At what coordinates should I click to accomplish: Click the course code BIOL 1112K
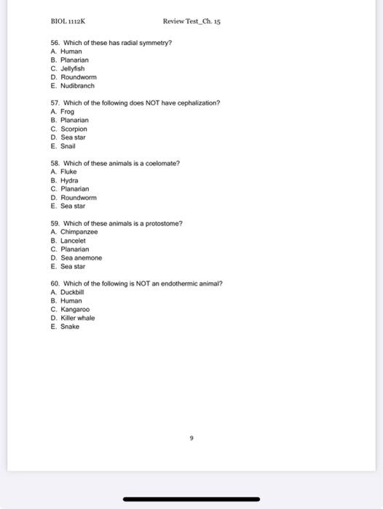click(68, 21)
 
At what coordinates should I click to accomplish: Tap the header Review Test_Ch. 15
click(191, 21)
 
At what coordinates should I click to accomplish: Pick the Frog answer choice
click(67, 112)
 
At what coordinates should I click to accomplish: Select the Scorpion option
click(74, 129)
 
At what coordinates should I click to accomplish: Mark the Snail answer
click(68, 145)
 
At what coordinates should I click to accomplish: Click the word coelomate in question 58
click(162, 163)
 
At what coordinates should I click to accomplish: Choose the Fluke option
click(68, 172)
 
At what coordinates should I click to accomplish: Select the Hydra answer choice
click(69, 180)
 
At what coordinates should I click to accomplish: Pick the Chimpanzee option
click(79, 232)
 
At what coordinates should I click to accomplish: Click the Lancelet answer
click(73, 241)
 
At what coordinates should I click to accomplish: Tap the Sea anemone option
click(81, 258)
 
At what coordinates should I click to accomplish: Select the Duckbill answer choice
click(74, 292)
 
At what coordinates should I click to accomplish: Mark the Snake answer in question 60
click(69, 326)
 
